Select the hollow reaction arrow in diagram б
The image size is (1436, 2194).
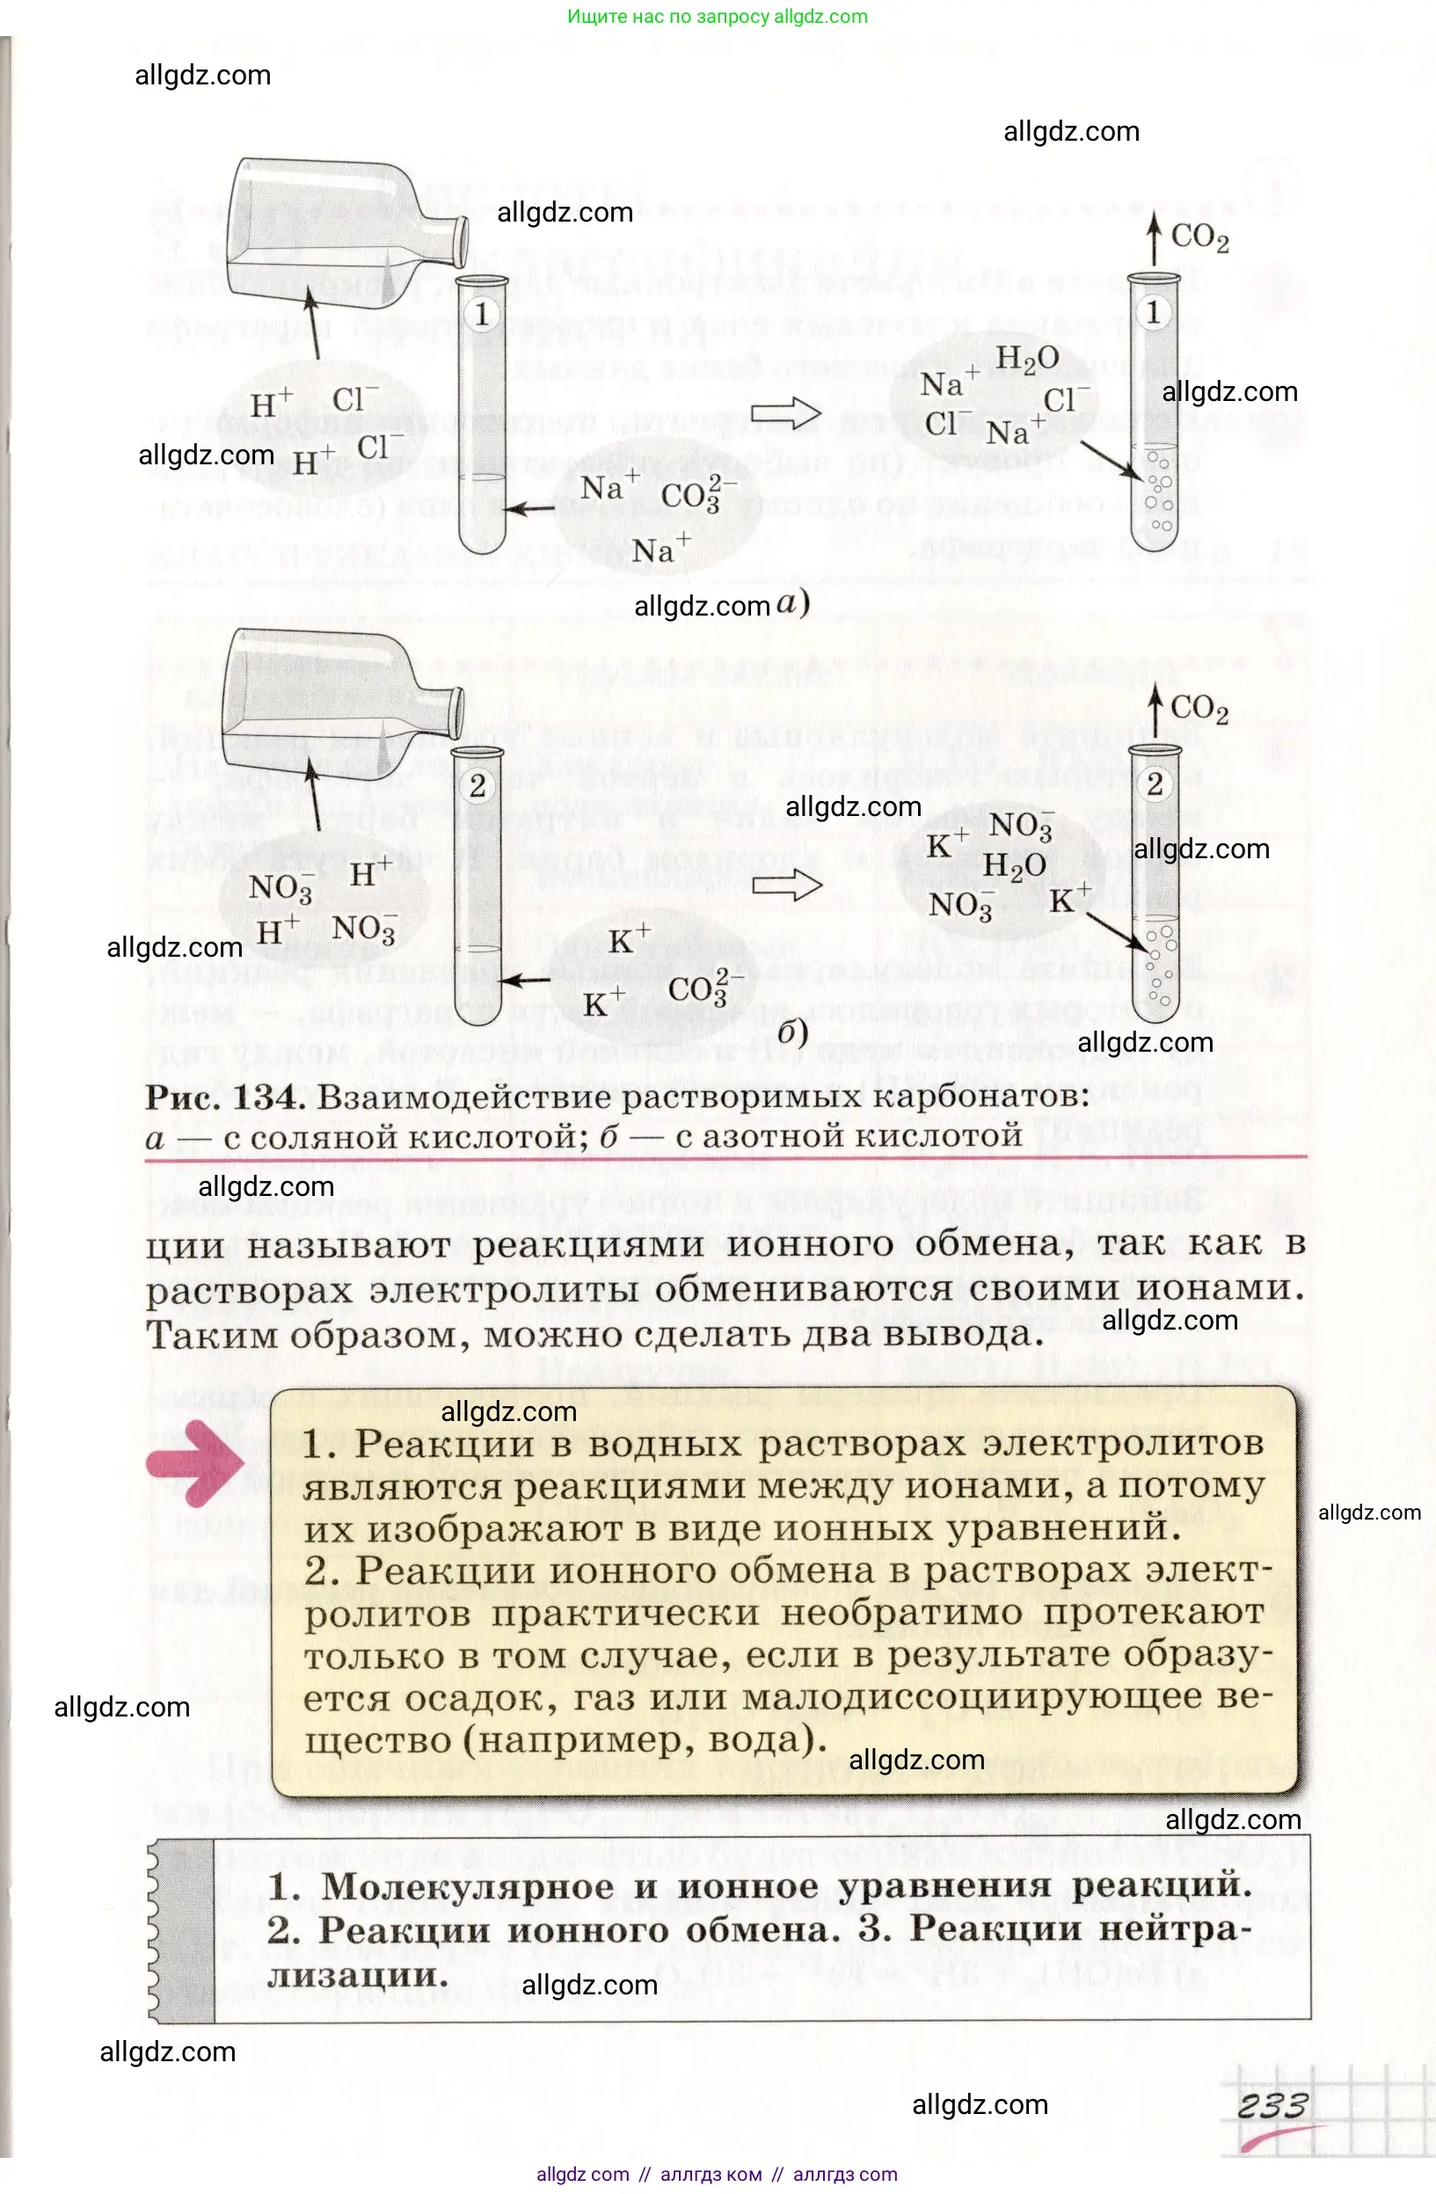click(786, 885)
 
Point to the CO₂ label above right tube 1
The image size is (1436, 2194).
click(1199, 237)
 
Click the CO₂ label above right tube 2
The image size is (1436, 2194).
click(1199, 709)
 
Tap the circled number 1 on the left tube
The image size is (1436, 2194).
click(481, 314)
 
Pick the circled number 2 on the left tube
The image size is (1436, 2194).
click(477, 786)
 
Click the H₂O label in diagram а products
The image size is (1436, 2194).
click(1027, 359)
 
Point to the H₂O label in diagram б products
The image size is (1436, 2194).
click(1014, 864)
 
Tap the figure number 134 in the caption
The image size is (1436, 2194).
click(268, 1097)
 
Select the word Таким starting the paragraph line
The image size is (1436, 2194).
click(212, 1334)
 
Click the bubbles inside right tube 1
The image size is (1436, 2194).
click(1159, 493)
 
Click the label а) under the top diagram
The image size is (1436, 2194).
click(791, 603)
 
